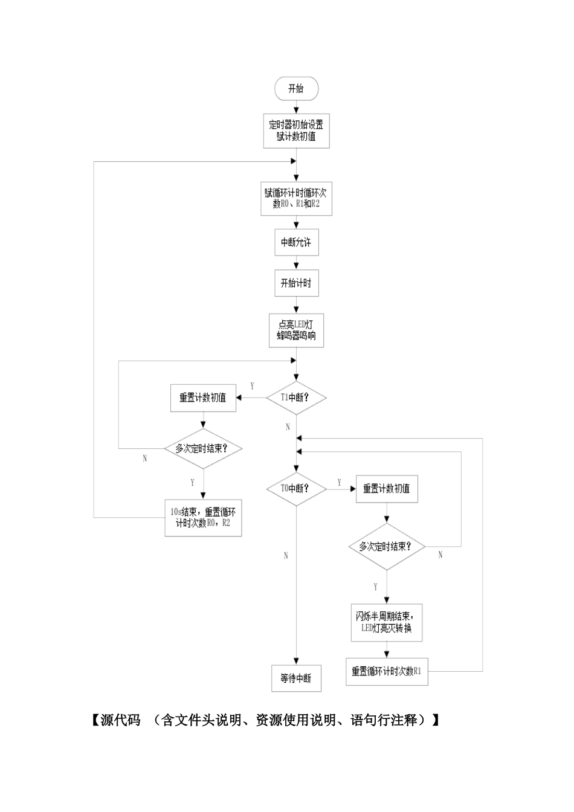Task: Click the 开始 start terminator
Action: pyautogui.click(x=296, y=89)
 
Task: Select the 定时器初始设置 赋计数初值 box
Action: pyautogui.click(x=296, y=131)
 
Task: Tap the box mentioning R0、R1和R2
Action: pyautogui.click(x=296, y=199)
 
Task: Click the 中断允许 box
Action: pyautogui.click(x=296, y=242)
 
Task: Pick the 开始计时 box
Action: pyautogui.click(x=296, y=283)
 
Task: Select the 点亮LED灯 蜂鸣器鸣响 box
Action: pyautogui.click(x=296, y=330)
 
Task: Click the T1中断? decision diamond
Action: pyautogui.click(x=296, y=398)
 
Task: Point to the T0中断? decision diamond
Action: pyautogui.click(x=296, y=488)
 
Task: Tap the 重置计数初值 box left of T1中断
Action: pyautogui.click(x=203, y=398)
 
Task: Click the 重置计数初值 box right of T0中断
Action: pyautogui.click(x=387, y=488)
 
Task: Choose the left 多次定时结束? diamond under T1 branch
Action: pyautogui.click(x=203, y=448)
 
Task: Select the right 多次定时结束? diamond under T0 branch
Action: pyautogui.click(x=387, y=546)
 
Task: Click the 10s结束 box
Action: pyautogui.click(x=203, y=517)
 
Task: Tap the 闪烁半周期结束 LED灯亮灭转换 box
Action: pyautogui.click(x=387, y=622)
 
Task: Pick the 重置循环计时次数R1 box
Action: pyautogui.click(x=387, y=671)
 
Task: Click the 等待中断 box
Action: pyautogui.click(x=296, y=678)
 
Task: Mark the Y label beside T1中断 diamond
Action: pyautogui.click(x=252, y=386)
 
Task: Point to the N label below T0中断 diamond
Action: pyautogui.click(x=286, y=556)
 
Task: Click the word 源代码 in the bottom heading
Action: pyautogui.click(x=120, y=720)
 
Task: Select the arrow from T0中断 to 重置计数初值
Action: pyautogui.click(x=341, y=489)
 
